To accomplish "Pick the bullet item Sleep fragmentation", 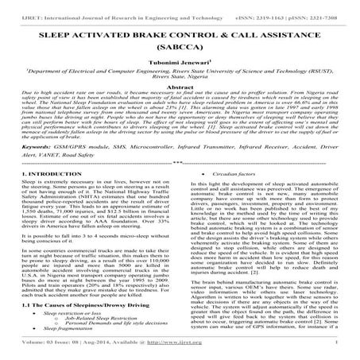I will coord(61,335).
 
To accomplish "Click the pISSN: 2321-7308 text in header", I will coord(315,6).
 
